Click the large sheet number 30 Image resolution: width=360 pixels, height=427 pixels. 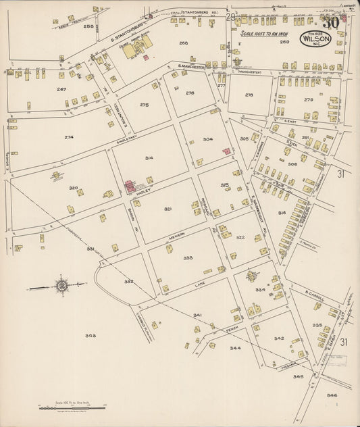click(330, 23)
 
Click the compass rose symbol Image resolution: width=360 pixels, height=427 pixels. click(61, 286)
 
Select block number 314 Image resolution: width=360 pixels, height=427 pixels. click(149, 157)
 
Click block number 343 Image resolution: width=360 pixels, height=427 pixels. click(91, 335)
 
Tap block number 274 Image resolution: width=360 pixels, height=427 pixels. click(69, 137)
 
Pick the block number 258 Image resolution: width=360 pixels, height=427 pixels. click(88, 26)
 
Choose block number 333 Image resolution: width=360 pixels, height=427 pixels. click(187, 257)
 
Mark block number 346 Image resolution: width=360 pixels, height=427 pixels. click(331, 395)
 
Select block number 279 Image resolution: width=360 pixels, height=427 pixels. click(309, 100)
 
